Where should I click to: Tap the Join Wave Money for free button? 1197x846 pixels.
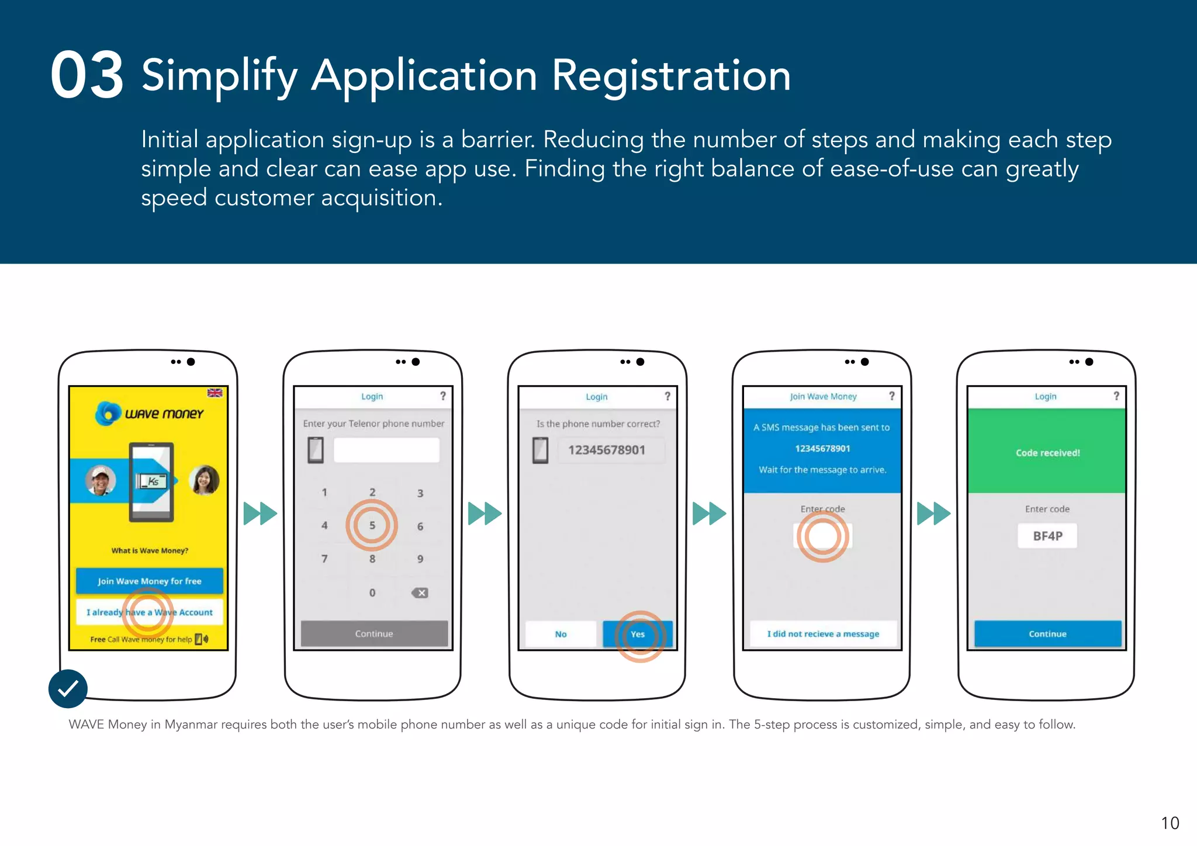(x=149, y=581)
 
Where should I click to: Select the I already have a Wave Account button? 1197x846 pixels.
(x=150, y=612)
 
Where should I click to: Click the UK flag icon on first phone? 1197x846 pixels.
(x=215, y=393)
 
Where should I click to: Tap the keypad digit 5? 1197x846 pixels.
(x=372, y=525)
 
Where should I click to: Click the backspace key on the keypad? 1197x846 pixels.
(x=420, y=592)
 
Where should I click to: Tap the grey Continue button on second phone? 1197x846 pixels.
(x=374, y=633)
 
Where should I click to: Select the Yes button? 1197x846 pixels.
(x=638, y=634)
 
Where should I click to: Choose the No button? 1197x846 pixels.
(x=561, y=634)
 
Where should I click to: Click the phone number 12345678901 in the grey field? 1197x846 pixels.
(x=607, y=450)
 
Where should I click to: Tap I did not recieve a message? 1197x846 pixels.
(x=823, y=634)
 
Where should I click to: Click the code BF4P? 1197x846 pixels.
(x=1047, y=536)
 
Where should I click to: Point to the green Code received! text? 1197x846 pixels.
(x=1047, y=453)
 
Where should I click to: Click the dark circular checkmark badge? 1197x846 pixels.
(x=68, y=688)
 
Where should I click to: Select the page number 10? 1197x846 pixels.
(x=1170, y=823)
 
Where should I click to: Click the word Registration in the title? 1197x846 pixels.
(x=670, y=76)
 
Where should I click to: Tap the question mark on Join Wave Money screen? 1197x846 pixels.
(x=892, y=396)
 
